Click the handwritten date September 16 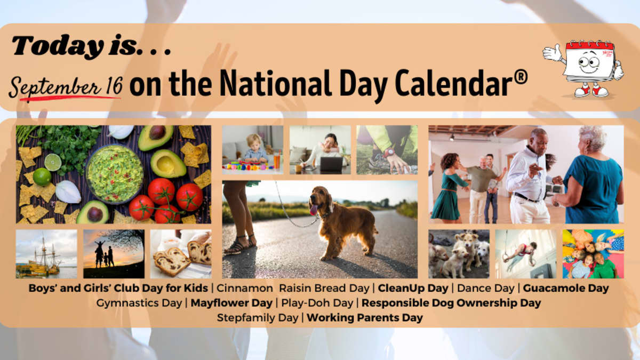[66, 87]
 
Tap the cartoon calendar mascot [583, 69]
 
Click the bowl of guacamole [115, 174]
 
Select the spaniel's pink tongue [314, 210]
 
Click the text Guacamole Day [566, 288]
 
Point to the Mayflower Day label [231, 303]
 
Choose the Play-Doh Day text [317, 303]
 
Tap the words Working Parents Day [365, 318]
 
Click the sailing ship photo [46, 254]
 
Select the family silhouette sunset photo [114, 254]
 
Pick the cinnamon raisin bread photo [181, 254]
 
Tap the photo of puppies [459, 254]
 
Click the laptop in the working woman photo [331, 165]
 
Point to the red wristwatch [389, 153]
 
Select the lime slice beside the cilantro [53, 162]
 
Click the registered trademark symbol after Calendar [521, 78]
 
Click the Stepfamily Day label [258, 318]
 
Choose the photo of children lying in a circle [593, 254]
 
